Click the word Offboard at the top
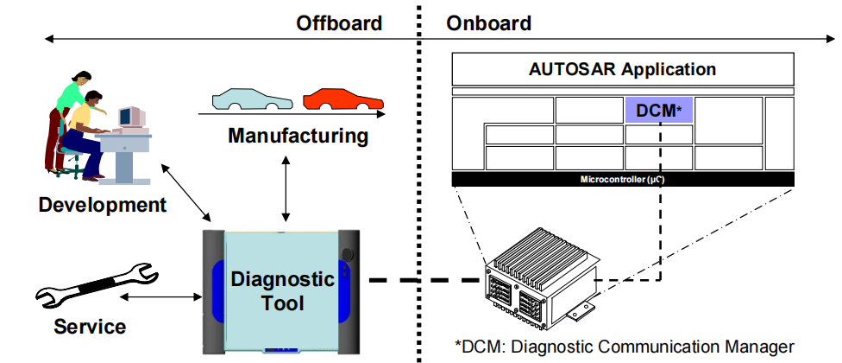tap(339, 23)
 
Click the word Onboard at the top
tap(488, 23)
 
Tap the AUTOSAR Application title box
tap(622, 69)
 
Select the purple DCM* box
tap(658, 110)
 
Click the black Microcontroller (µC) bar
tap(622, 179)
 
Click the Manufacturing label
tap(298, 136)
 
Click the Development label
tap(102, 205)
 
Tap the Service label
tap(90, 327)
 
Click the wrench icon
tap(95, 288)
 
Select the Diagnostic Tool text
tap(282, 291)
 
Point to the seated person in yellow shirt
tap(82, 130)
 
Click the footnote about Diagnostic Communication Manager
tap(624, 347)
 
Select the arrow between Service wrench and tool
tap(160, 296)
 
